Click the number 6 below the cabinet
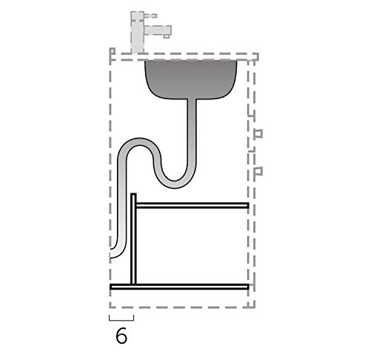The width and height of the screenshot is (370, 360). pos(121,336)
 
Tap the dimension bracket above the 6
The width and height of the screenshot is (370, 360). pos(121,319)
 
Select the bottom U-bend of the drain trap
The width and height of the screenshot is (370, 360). pos(178,178)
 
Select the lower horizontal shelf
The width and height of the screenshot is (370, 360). pos(181,286)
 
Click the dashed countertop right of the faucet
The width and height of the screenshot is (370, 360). pos(215,56)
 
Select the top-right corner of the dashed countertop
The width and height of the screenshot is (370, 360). pos(256,56)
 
